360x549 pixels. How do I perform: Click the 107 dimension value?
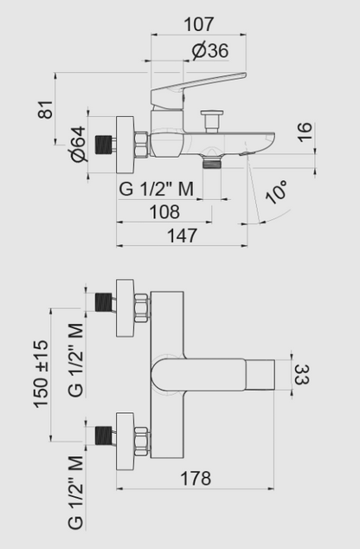pos(198,25)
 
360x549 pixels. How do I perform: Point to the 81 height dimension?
pos(47,109)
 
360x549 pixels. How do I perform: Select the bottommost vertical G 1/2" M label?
pos(75,491)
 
